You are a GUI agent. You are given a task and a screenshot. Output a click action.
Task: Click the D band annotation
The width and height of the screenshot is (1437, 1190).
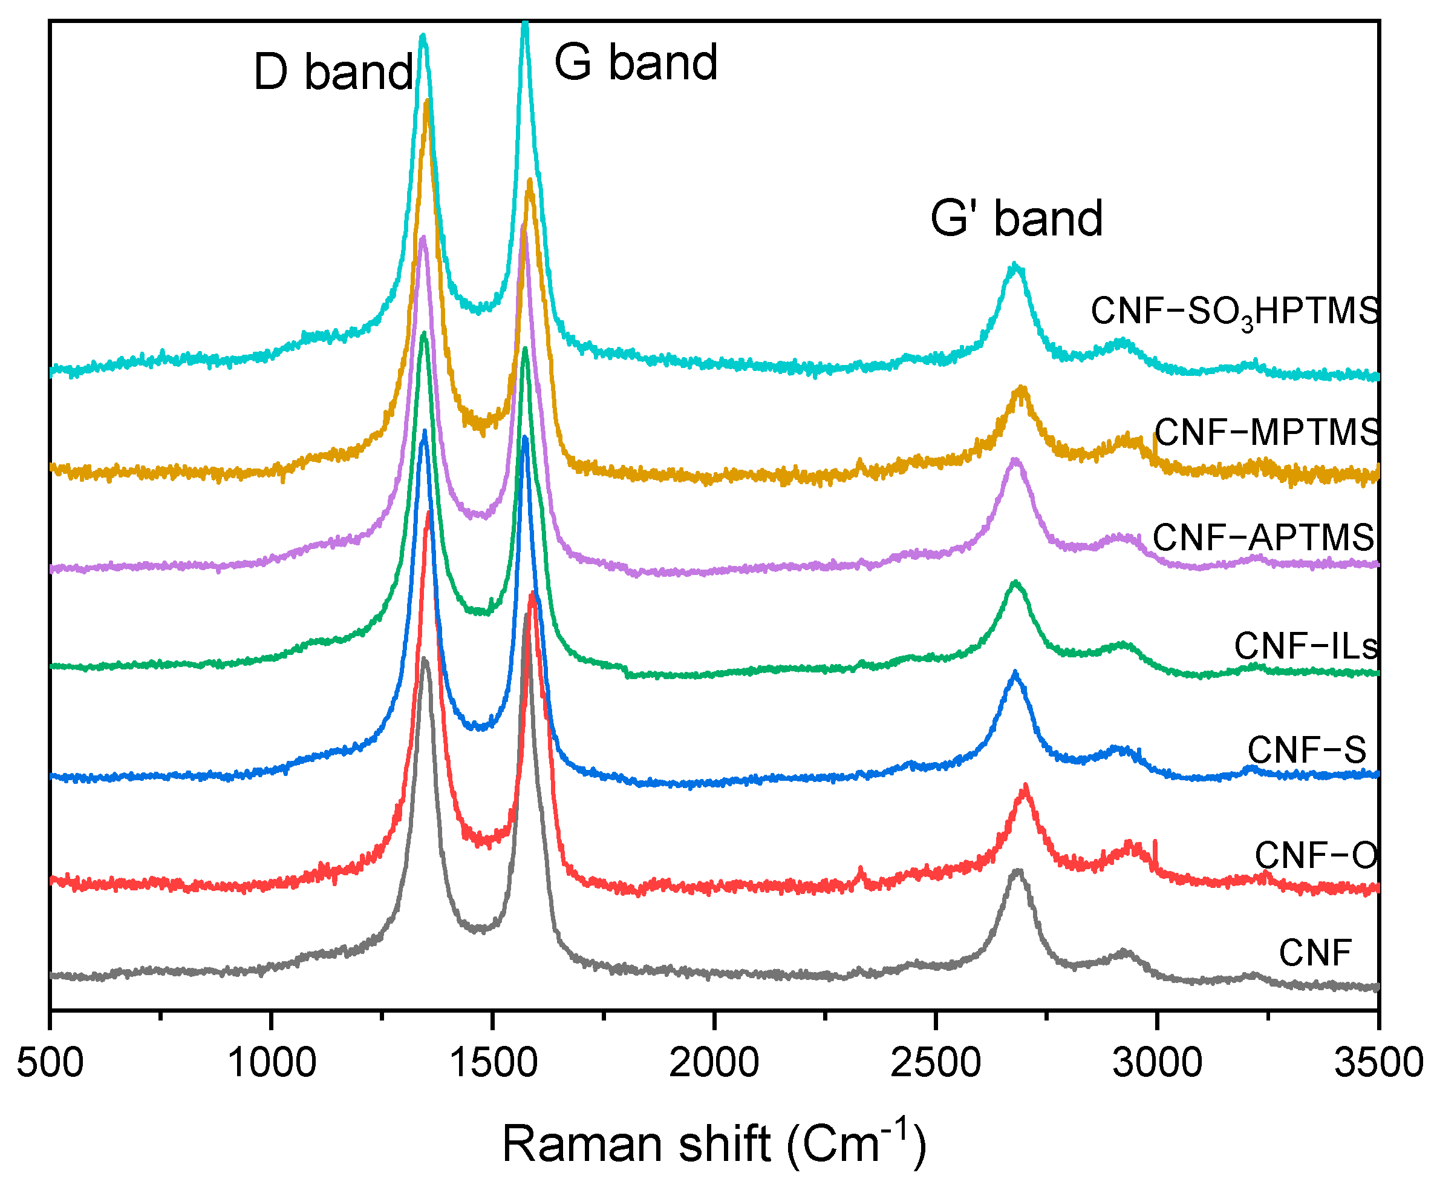pyautogui.click(x=333, y=72)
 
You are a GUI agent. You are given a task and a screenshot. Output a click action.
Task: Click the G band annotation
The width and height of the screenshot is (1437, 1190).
pyautogui.click(x=635, y=62)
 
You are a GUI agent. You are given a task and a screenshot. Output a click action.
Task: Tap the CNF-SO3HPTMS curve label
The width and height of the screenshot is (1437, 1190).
pyautogui.click(x=1234, y=312)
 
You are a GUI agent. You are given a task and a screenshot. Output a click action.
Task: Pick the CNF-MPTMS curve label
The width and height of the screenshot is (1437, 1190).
pyautogui.click(x=1266, y=433)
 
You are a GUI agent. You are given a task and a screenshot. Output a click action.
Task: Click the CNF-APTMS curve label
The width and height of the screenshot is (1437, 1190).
pyautogui.click(x=1263, y=537)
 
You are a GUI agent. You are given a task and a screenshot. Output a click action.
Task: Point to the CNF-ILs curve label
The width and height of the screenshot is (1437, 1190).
pyautogui.click(x=1306, y=646)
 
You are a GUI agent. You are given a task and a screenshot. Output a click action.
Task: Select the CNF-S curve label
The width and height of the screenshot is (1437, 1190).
pyautogui.click(x=1306, y=750)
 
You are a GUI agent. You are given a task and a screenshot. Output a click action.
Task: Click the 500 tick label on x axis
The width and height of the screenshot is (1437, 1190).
pyautogui.click(x=50, y=1063)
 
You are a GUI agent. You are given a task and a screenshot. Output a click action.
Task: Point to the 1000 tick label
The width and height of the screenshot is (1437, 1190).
pyautogui.click(x=271, y=1063)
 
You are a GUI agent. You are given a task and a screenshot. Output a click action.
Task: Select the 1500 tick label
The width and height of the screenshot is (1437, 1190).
pyautogui.click(x=493, y=1063)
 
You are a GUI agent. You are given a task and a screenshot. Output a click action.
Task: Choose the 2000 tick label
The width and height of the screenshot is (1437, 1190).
pyautogui.click(x=714, y=1063)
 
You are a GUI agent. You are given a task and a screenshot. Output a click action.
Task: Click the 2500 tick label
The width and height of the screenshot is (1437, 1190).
pyautogui.click(x=935, y=1063)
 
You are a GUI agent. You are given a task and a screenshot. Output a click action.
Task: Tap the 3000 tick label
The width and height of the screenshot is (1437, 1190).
pyautogui.click(x=1156, y=1063)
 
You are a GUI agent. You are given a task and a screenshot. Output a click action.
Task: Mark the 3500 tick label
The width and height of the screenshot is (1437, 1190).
pyautogui.click(x=1378, y=1063)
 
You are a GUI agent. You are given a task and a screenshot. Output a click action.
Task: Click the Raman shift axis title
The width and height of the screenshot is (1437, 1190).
pyautogui.click(x=714, y=1143)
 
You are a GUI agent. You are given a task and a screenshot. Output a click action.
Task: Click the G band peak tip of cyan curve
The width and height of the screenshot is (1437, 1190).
pyautogui.click(x=525, y=25)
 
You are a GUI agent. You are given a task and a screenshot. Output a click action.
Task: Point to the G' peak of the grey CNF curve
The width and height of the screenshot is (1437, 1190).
pyautogui.click(x=1017, y=872)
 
